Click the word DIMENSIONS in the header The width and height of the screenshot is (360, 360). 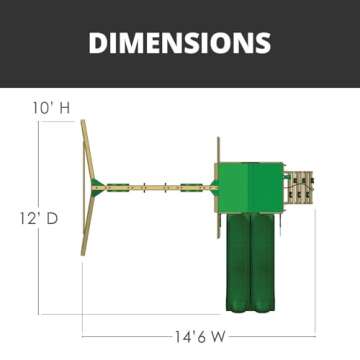180,43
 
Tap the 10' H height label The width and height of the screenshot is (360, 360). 51,108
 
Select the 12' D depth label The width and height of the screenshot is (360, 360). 39,219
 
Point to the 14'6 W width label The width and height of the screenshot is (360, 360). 201,337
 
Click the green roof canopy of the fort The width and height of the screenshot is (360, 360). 250,187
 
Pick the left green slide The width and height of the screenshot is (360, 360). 238,262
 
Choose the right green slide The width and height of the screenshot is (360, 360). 263,262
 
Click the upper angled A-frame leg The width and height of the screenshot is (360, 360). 88,152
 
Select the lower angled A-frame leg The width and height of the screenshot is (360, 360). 88,224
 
